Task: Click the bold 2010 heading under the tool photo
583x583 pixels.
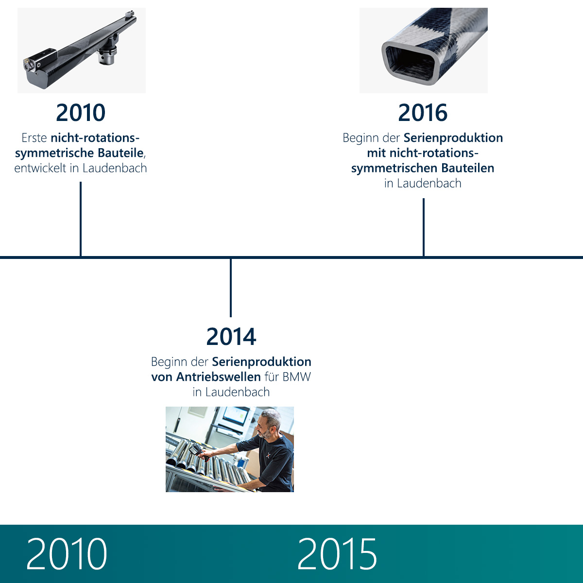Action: click(81, 113)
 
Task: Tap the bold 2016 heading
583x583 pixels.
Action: click(423, 113)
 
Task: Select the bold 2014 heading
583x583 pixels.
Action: click(231, 336)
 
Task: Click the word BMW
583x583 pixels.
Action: click(297, 377)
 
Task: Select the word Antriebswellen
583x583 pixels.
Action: click(219, 377)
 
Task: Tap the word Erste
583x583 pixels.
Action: click(34, 138)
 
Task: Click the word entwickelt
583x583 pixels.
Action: click(40, 168)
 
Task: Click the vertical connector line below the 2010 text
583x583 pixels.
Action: click(81, 219)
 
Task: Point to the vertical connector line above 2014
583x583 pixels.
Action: click(231, 288)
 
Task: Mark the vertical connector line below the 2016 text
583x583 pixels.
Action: click(424, 227)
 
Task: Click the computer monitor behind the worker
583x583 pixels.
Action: click(236, 416)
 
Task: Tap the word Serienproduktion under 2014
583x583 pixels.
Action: click(261, 362)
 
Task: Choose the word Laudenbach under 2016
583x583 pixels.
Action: click(429, 183)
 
